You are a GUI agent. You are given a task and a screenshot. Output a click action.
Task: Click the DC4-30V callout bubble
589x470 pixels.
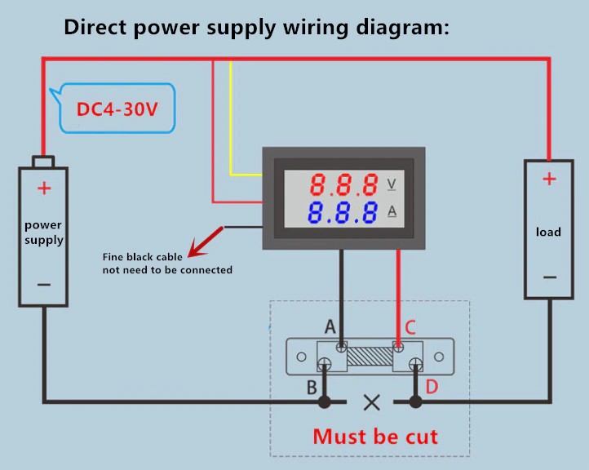(x=117, y=109)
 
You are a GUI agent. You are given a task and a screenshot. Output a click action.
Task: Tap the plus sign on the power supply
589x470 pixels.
(x=44, y=188)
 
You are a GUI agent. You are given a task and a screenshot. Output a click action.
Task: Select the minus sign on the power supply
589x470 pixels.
(x=44, y=285)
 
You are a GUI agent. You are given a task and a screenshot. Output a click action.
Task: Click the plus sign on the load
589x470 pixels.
(x=549, y=180)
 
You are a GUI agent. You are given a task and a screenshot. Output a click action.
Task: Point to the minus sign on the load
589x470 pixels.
(x=549, y=277)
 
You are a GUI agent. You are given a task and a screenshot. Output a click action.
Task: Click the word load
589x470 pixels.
(x=548, y=232)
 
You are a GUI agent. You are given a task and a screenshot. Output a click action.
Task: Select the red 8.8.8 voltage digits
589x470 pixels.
(x=343, y=183)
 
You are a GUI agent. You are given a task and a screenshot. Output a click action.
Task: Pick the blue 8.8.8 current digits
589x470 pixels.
(x=343, y=213)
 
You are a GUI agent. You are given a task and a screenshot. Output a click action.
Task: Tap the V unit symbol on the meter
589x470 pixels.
(x=392, y=183)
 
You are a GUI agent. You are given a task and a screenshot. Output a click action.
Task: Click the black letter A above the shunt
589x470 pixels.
(x=330, y=327)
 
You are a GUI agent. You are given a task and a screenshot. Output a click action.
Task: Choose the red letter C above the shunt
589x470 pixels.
(x=410, y=327)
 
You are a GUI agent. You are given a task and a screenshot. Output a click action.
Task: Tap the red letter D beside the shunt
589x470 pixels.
(x=432, y=387)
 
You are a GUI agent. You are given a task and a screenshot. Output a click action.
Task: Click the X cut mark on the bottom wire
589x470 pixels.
(x=372, y=401)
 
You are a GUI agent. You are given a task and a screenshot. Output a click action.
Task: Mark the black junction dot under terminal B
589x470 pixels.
(x=325, y=401)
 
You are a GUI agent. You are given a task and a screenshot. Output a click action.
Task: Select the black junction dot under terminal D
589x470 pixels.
(x=415, y=401)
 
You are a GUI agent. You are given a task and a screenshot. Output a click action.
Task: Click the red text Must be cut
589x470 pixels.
(x=375, y=436)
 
